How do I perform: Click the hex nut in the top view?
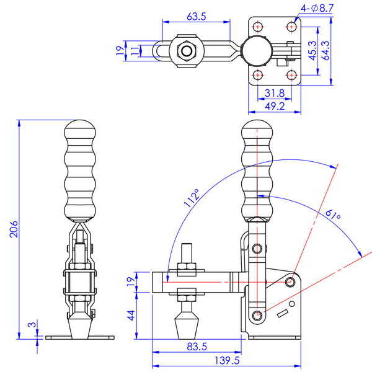pyautogui.click(x=186, y=51)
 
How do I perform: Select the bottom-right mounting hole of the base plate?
pyautogui.click(x=290, y=75)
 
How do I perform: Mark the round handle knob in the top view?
pyautogui.click(x=255, y=51)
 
